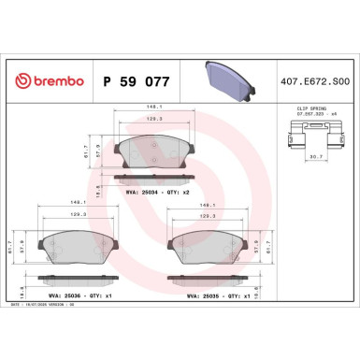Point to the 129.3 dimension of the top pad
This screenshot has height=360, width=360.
(150, 120)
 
